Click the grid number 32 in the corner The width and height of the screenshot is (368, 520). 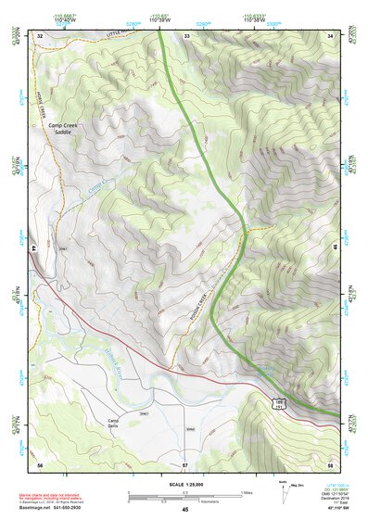(40, 35)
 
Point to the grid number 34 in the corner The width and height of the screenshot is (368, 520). (331, 35)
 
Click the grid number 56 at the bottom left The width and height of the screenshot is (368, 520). (40, 463)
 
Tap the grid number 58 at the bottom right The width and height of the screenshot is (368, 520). (331, 463)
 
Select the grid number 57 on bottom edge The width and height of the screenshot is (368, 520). (185, 463)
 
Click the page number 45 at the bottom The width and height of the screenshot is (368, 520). (184, 510)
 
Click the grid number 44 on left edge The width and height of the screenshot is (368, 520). (35, 248)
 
